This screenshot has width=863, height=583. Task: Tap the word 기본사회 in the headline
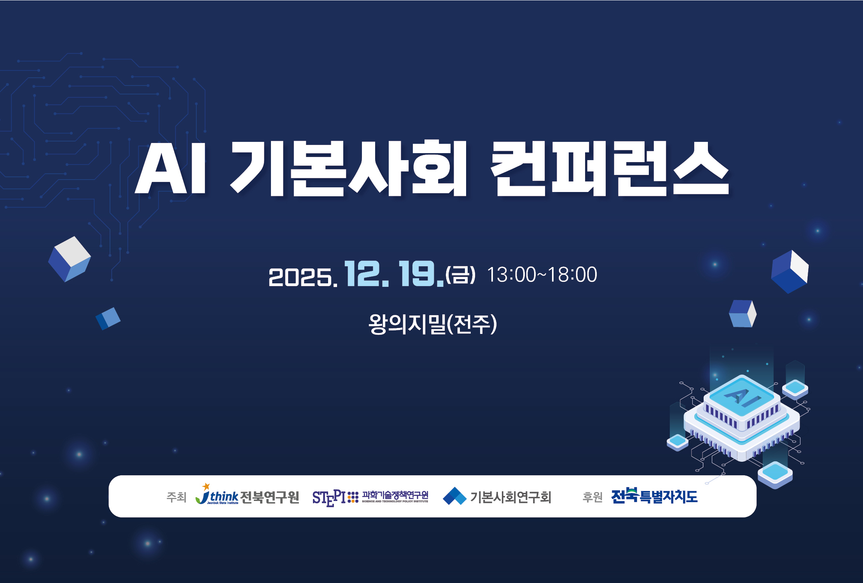tap(348, 168)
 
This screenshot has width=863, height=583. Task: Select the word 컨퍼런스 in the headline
tap(610, 168)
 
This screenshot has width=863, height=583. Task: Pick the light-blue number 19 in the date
tap(421, 274)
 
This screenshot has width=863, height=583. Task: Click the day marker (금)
tap(460, 275)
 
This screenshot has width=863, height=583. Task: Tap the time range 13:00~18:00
tap(542, 274)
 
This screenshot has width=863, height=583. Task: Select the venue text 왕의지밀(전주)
tap(433, 324)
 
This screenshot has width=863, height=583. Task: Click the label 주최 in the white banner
tap(176, 497)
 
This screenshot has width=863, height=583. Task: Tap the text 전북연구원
tap(270, 497)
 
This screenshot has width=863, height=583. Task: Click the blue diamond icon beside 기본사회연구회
tap(454, 496)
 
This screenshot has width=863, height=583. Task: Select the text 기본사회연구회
tap(511, 497)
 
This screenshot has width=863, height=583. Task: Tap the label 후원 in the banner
tap(592, 497)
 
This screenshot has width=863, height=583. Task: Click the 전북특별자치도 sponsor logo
tap(654, 496)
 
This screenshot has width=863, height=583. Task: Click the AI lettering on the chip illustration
tap(741, 397)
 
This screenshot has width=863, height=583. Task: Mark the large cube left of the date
tap(69, 259)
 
